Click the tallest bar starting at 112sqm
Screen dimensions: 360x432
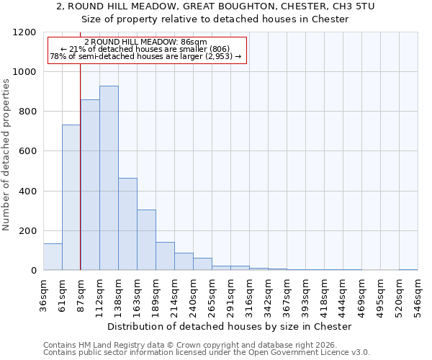tap(109, 178)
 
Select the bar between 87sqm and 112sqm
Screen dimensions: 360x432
tap(90, 185)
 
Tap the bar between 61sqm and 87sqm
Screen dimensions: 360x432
tap(71, 197)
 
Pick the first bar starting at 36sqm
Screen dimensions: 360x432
tap(53, 257)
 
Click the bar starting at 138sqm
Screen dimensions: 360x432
tap(127, 224)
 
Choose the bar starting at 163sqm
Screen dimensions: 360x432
tap(146, 240)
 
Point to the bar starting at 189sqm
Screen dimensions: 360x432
tap(165, 256)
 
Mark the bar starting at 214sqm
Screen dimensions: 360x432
tap(184, 261)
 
